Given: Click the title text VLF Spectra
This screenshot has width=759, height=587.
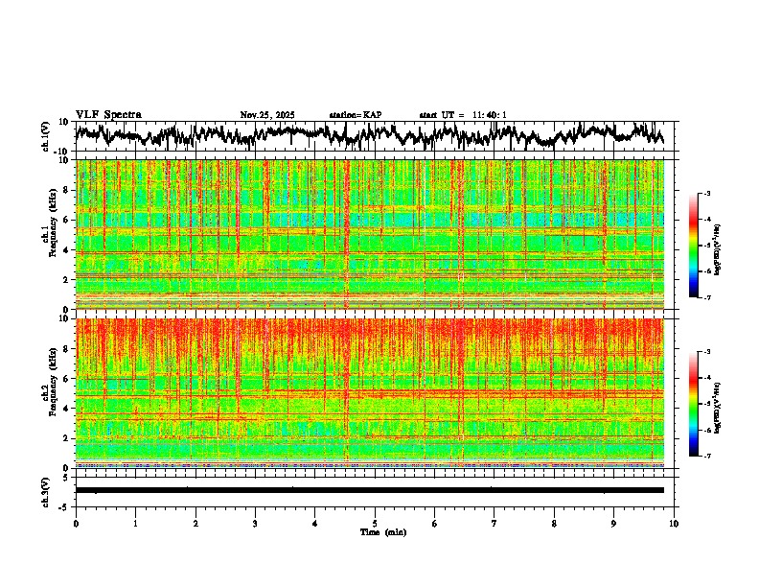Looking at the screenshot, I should coord(107,115).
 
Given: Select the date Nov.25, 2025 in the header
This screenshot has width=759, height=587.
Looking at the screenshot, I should coord(267,115).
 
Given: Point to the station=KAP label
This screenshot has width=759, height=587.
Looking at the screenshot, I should coord(356,115).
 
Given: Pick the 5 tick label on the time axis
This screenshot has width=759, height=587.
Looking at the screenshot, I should coord(375,524).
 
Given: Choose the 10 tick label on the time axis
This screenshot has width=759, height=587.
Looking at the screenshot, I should coord(674,524).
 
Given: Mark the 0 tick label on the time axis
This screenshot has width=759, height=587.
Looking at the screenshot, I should coord(76,524).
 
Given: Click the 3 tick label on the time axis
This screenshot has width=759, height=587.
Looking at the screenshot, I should coord(255,524).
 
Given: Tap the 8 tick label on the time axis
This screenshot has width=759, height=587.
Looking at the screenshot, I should coord(554,524).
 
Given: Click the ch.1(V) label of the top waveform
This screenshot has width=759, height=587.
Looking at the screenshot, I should coord(47,136).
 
